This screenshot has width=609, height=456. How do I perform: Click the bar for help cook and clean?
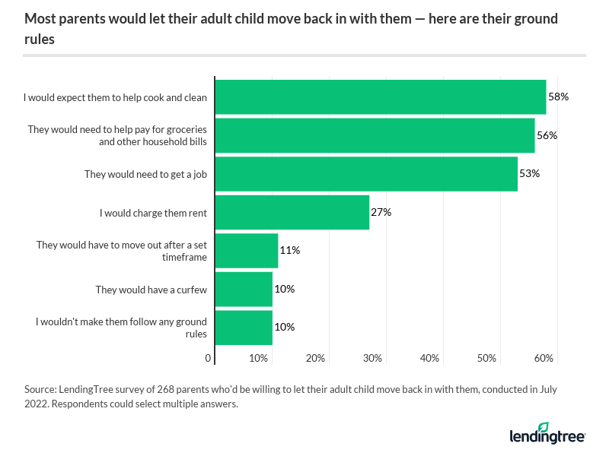381,97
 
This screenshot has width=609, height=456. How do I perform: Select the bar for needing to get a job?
366,174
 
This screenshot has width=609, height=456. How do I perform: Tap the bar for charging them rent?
292,212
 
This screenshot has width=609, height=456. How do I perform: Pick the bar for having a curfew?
244,289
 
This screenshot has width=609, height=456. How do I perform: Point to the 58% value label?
559,97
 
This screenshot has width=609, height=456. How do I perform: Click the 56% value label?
547,135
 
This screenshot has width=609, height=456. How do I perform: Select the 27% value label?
381,212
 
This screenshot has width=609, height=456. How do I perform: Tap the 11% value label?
289,250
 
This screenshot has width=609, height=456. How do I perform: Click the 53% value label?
530,173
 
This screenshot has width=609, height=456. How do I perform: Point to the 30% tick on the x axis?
372,358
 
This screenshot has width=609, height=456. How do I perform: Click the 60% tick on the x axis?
544,358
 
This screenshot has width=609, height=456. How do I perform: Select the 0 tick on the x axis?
209,358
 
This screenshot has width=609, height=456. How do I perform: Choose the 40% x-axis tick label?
429,358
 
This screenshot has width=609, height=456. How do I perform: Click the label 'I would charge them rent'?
154,212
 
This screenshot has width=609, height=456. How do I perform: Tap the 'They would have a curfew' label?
151,289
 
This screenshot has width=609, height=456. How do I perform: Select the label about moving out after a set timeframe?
122,251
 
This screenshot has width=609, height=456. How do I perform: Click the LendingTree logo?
547,434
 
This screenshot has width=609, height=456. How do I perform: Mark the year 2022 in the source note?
38,404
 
